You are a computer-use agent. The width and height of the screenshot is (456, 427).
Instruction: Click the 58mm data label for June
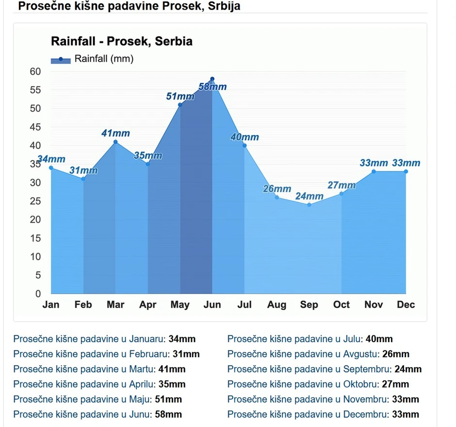tap(213, 87)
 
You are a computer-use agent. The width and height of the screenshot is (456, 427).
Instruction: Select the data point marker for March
tap(115, 142)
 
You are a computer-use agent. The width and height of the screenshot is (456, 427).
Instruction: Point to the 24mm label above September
tap(309, 197)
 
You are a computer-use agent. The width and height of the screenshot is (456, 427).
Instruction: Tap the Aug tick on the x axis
tap(277, 305)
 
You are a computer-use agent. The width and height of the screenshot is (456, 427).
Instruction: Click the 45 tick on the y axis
tap(35, 127)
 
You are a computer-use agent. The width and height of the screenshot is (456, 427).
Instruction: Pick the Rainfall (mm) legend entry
tap(92, 59)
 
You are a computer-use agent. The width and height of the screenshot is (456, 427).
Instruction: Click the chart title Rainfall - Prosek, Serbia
tap(121, 41)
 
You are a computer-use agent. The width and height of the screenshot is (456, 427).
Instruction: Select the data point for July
tap(244, 146)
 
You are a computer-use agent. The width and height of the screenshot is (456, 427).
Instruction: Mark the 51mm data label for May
tap(180, 97)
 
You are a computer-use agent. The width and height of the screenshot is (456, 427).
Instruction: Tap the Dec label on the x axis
tap(406, 305)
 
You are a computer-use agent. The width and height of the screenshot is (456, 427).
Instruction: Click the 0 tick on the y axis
tap(38, 294)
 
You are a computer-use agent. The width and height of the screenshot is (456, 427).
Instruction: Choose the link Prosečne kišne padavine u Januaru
tap(89, 339)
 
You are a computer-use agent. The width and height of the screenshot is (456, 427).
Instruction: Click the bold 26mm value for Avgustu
tap(395, 354)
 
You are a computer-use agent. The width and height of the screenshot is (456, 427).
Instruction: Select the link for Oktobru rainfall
tap(302, 384)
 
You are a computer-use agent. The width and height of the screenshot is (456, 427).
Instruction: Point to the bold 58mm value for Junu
tap(168, 414)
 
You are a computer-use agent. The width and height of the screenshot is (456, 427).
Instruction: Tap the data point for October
tap(342, 194)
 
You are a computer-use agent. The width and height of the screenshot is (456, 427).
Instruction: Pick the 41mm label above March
tap(115, 133)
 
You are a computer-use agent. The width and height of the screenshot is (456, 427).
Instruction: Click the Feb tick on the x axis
tap(83, 305)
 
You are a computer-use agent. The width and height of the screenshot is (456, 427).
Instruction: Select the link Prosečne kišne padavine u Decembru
tap(308, 414)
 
